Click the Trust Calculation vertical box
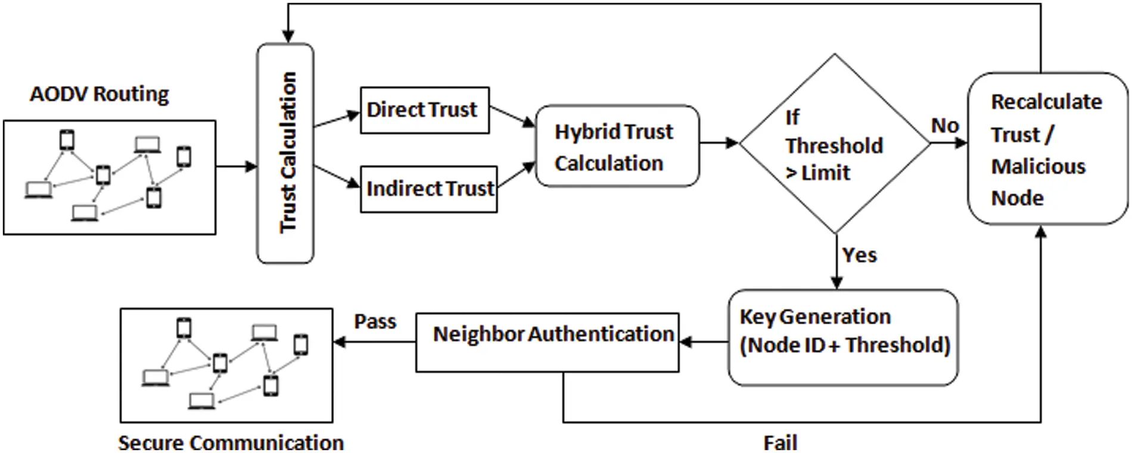[x=285, y=153]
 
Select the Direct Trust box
[x=424, y=110]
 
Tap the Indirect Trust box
[x=428, y=189]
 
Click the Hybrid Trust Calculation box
[x=617, y=147]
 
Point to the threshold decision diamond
[x=834, y=144]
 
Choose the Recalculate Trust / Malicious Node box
[x=1047, y=149]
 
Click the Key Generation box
[x=843, y=337]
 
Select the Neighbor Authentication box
[x=547, y=343]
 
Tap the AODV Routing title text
[x=99, y=94]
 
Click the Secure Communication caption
[x=231, y=443]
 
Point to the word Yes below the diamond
[x=859, y=255]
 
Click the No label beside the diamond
[x=944, y=126]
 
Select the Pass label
[x=375, y=321]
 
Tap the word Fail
[x=780, y=443]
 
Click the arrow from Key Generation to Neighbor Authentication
[x=703, y=342]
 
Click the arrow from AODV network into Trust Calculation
[x=236, y=166]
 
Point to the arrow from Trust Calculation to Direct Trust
[x=337, y=119]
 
